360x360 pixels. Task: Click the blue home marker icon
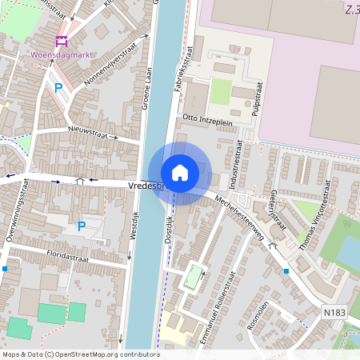[180, 172]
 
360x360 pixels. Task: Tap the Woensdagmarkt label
[59, 56]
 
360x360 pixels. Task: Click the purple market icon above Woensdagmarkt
[61, 41]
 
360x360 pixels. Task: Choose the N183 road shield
[334, 310]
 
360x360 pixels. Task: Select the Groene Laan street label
[147, 88]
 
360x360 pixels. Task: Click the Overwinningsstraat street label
[14, 212]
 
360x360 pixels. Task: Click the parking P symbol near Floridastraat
[81, 226]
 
